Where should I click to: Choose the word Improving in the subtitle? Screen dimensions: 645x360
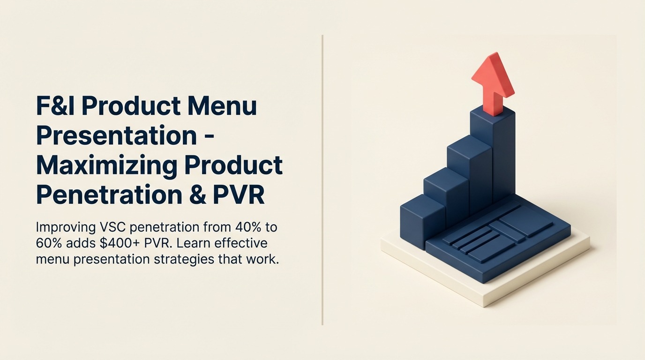point(66,228)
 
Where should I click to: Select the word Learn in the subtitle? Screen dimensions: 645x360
point(193,243)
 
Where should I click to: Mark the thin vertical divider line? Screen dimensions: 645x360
point(322,180)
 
